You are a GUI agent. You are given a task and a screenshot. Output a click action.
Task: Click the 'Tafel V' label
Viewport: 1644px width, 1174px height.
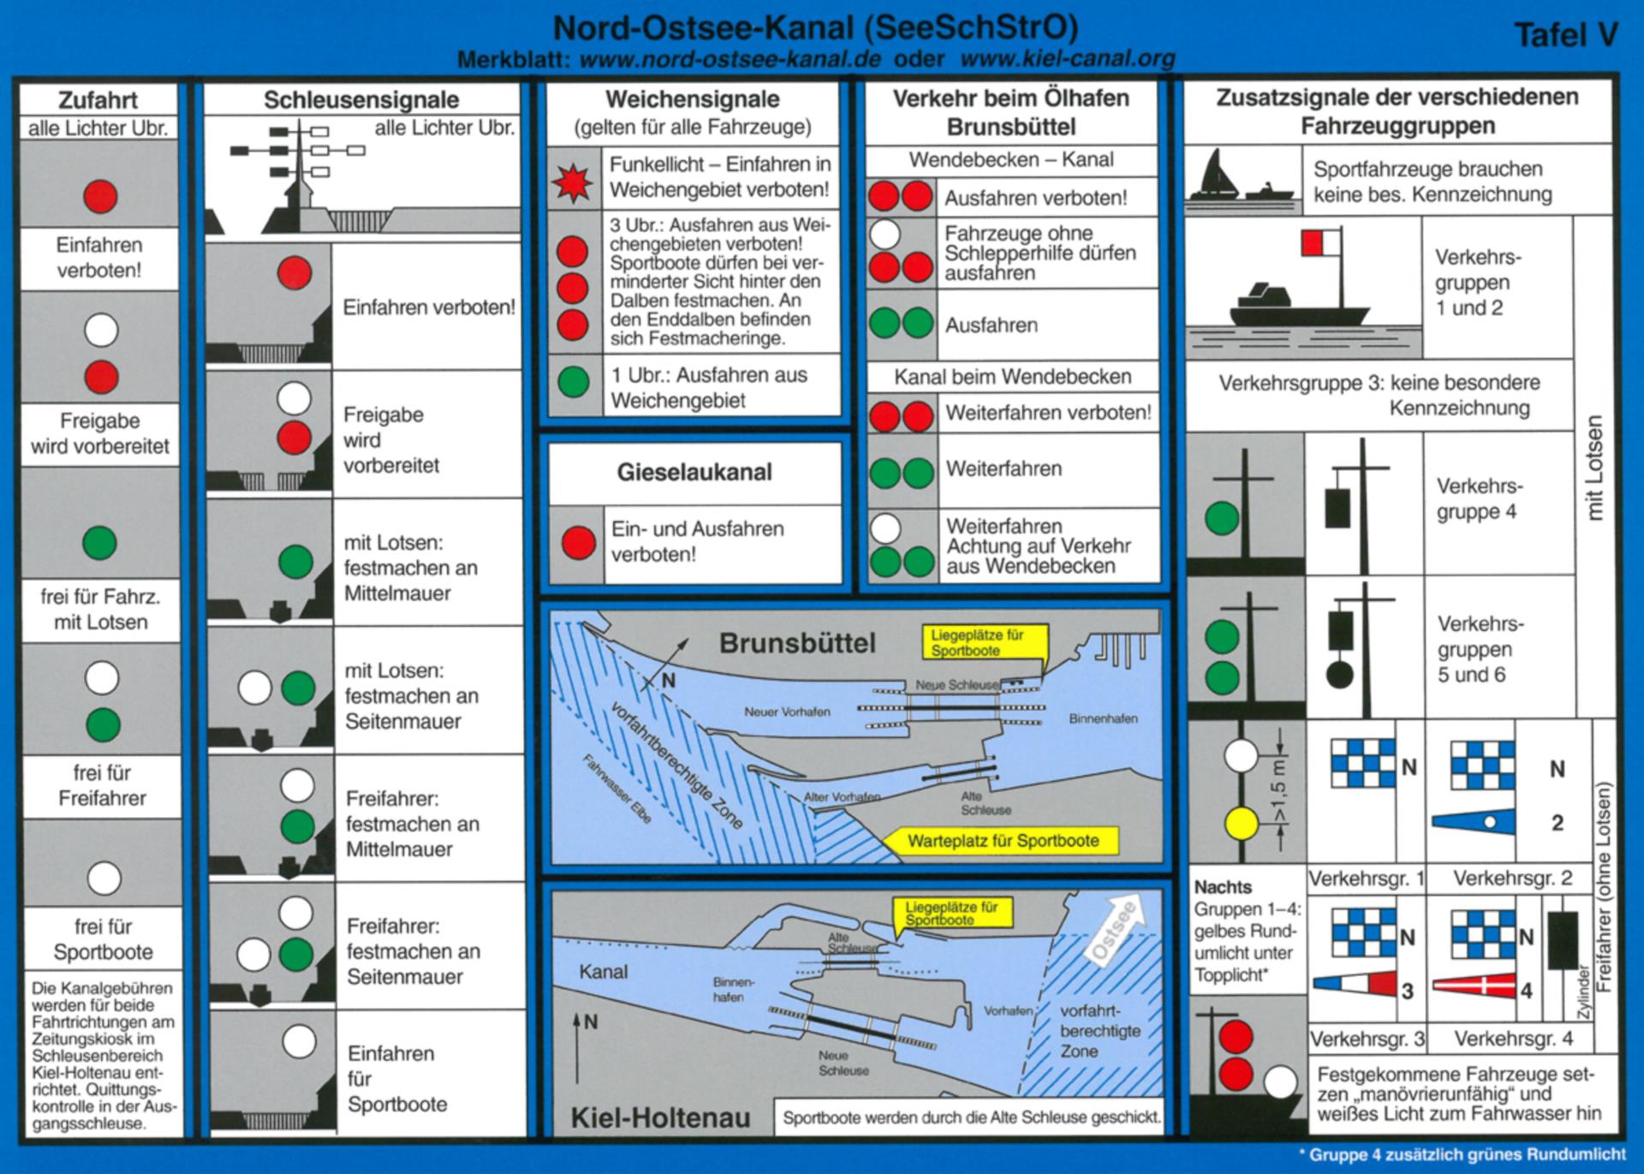1566,35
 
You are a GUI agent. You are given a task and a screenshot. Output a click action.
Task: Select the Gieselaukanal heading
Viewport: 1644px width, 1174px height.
694,472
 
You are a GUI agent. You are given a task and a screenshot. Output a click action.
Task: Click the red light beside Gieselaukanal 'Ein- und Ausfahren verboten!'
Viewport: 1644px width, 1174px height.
578,542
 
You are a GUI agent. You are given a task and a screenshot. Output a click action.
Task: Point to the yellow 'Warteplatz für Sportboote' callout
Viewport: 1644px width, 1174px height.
1002,841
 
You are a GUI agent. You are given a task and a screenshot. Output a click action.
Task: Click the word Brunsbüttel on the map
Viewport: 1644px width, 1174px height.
797,643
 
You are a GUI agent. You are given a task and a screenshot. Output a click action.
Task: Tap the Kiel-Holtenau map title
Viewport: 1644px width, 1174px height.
660,1117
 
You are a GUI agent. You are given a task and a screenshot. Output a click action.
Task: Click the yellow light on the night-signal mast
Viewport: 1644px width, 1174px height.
1241,824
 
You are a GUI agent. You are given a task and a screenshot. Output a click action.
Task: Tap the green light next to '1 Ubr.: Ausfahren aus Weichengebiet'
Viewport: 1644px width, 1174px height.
573,382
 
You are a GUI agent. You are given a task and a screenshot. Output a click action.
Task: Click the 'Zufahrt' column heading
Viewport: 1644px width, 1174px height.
98,100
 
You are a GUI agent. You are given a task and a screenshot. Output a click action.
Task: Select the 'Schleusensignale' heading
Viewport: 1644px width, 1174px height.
361,100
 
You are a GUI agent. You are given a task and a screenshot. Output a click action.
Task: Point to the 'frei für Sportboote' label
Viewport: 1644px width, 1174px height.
102,939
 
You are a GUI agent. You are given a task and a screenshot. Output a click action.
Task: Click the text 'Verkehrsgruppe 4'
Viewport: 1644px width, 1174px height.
1479,498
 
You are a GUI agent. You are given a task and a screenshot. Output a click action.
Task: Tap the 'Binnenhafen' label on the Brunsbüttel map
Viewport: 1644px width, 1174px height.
1103,718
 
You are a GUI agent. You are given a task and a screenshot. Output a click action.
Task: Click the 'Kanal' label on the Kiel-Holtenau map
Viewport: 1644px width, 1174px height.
603,972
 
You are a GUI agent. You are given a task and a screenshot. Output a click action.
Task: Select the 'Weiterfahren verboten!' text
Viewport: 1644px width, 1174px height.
1048,413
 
